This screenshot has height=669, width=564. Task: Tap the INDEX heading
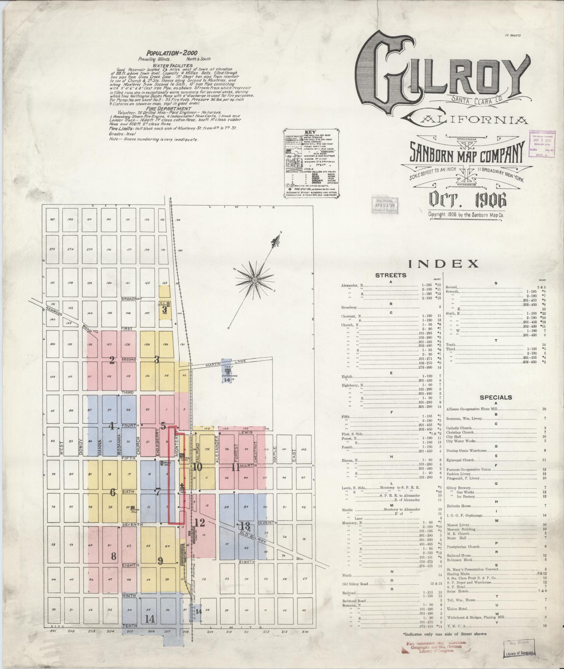point(443,264)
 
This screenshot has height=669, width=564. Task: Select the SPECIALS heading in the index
point(496,397)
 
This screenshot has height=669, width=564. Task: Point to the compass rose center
point(255,280)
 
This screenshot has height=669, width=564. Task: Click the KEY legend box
point(310,162)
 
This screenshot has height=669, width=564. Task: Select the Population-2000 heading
point(172,53)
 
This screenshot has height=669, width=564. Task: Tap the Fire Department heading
point(171,109)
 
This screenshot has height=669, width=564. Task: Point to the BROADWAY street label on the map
point(131,299)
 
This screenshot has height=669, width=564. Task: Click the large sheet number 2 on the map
point(112,360)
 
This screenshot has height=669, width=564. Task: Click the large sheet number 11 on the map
point(236,467)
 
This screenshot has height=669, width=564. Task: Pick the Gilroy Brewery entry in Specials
point(458,487)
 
